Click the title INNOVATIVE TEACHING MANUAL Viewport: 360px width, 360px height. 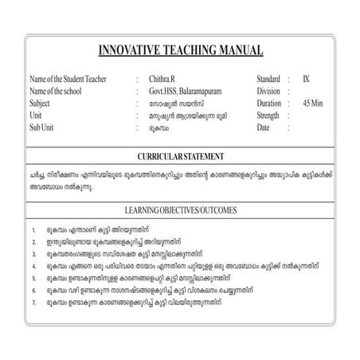point(180,51)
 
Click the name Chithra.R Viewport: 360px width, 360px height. point(162,80)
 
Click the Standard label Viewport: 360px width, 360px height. point(268,80)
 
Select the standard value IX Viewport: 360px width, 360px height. point(307,80)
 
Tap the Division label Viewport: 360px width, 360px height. point(268,92)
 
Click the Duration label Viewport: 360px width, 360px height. point(269,104)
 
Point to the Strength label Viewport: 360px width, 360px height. point(269,115)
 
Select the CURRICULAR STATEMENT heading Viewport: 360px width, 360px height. point(180,156)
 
